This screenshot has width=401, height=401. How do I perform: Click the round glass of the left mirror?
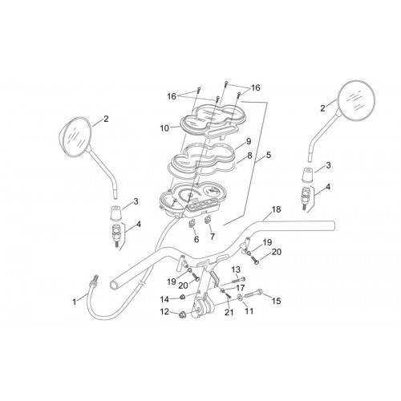tap(75, 136)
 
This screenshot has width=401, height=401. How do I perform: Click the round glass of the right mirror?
tap(357, 99)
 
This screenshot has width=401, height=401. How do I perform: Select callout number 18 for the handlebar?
tap(276, 209)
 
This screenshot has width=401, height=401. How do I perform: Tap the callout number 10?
tap(164, 128)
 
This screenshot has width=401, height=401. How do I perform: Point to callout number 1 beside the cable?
tap(75, 302)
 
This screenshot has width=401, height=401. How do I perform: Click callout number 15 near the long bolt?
tap(276, 301)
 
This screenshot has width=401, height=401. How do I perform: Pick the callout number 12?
tap(165, 311)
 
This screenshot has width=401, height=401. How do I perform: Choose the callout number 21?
tap(229, 312)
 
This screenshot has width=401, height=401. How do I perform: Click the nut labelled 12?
tap(182, 315)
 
